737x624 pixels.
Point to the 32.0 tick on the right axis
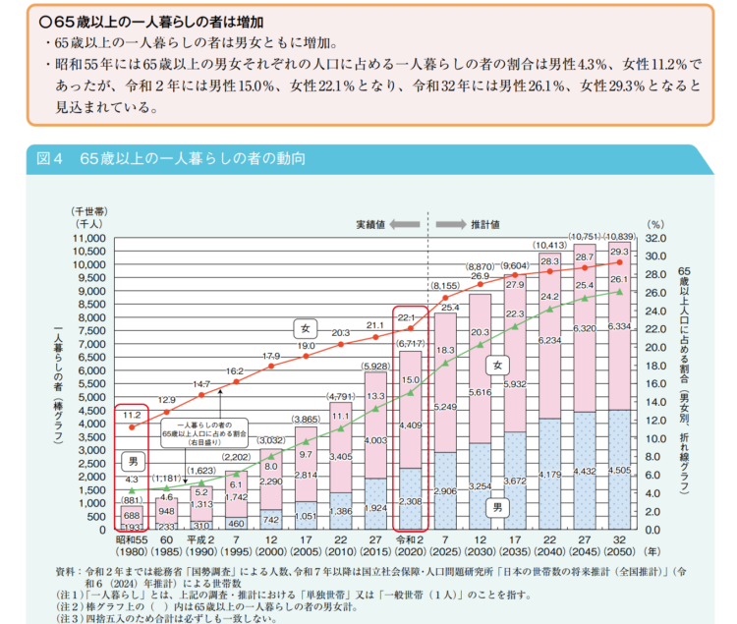pyautogui.click(x=657, y=238)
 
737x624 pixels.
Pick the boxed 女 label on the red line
pyautogui.click(x=306, y=326)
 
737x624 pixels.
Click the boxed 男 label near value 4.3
pyautogui.click(x=133, y=460)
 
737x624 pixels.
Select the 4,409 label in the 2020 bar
pyautogui.click(x=411, y=425)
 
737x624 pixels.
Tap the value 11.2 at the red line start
pyautogui.click(x=133, y=416)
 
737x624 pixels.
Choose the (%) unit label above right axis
pyautogui.click(x=656, y=224)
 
